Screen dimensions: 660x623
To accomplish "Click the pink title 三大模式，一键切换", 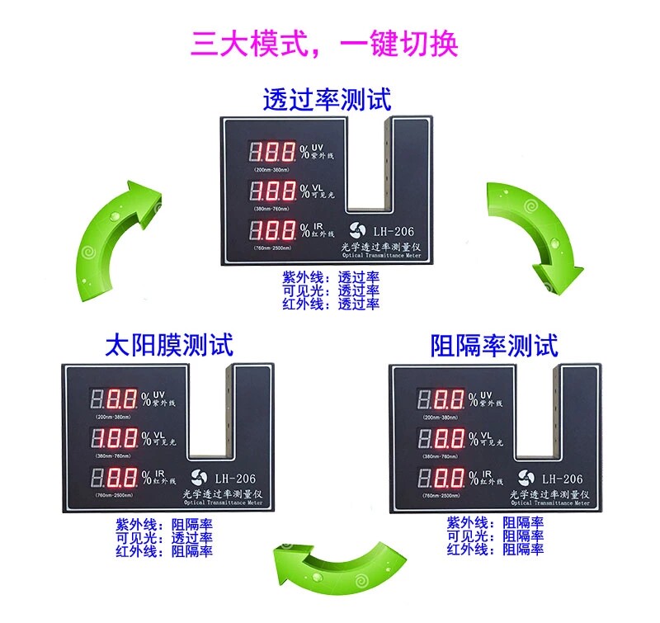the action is click(x=324, y=43).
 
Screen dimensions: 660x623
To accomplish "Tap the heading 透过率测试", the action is click(x=327, y=99).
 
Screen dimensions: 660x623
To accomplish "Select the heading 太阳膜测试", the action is click(x=169, y=343).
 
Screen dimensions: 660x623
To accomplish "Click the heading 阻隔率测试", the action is click(x=495, y=345).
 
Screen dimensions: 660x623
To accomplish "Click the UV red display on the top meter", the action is click(x=274, y=153).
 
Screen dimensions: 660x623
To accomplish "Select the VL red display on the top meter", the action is click(x=274, y=191).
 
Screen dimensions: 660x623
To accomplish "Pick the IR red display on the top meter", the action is click(x=274, y=230).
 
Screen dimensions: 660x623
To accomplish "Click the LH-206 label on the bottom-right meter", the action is click(x=562, y=479).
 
